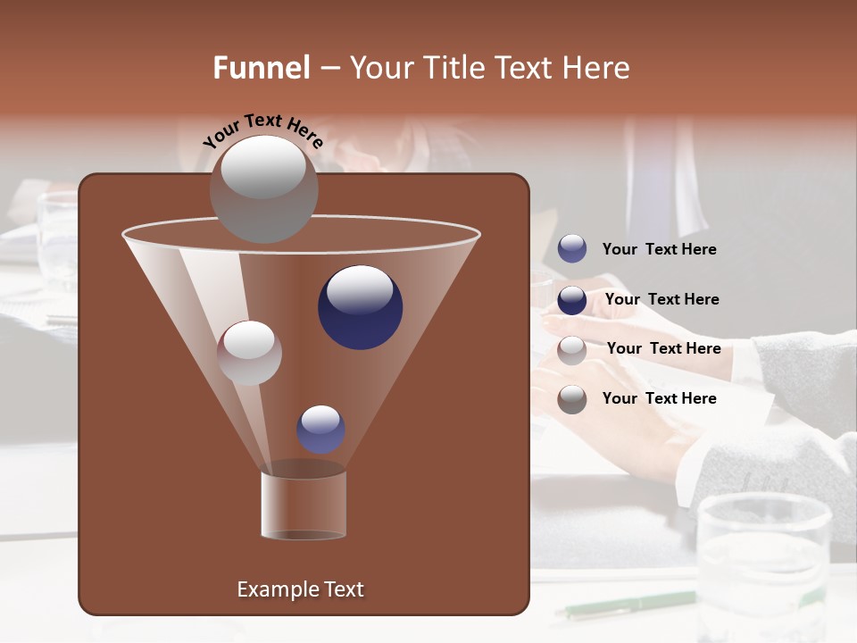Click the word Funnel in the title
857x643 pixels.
point(262,68)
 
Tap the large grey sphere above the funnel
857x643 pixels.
point(263,189)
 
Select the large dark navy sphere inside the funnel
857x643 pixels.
point(360,307)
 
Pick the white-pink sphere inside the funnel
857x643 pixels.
point(249,353)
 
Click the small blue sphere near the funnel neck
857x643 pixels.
point(320,430)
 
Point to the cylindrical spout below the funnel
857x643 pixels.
point(303,504)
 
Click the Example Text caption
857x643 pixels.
point(300,589)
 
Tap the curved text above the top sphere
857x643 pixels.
point(263,130)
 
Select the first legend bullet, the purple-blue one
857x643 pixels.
point(572,249)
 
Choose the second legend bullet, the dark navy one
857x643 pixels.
point(572,300)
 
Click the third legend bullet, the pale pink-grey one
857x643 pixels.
point(572,350)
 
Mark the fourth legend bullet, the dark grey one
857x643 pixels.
point(572,399)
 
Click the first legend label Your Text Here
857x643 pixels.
point(659,250)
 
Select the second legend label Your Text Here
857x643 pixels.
point(661,300)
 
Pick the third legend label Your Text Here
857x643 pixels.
point(663,349)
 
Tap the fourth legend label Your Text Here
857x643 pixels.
point(659,398)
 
